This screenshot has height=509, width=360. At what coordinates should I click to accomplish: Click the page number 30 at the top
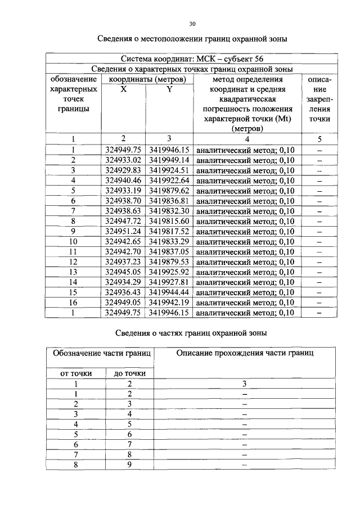[x=192, y=24]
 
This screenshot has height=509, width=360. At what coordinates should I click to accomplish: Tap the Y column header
[x=169, y=89]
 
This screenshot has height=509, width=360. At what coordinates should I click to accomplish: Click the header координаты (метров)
[x=147, y=79]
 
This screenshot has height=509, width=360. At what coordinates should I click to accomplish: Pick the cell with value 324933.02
[x=123, y=160]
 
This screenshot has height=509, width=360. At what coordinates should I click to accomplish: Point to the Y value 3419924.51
[x=170, y=170]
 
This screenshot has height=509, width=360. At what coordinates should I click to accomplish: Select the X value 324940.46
[x=123, y=181]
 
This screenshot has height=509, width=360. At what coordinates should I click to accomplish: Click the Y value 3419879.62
[x=170, y=191]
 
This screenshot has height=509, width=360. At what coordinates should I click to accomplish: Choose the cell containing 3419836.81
[x=170, y=201]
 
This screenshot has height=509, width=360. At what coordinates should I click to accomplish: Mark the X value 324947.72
[x=123, y=221]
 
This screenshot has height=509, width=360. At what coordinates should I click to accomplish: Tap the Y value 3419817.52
[x=170, y=231]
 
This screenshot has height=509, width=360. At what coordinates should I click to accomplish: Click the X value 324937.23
[x=123, y=262]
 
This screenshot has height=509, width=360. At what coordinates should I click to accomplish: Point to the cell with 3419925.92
[x=170, y=272]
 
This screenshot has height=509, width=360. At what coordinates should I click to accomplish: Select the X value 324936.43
[x=123, y=292]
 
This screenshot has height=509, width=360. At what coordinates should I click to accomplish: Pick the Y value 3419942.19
[x=170, y=302]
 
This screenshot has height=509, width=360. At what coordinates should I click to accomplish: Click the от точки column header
[x=76, y=373]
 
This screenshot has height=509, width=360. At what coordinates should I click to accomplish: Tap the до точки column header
[x=130, y=373]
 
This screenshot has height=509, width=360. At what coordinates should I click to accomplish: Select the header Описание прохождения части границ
[x=245, y=353]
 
